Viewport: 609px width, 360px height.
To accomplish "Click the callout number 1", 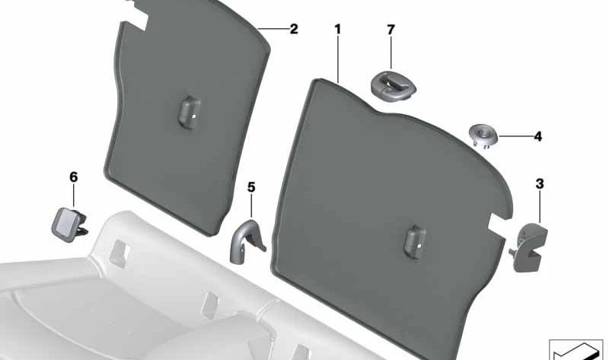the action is pos(337,29).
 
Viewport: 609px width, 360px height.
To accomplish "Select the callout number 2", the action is pos(294,29).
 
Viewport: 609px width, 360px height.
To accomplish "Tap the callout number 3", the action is pos(540,184).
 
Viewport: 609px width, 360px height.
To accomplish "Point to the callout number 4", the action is pos(538,137).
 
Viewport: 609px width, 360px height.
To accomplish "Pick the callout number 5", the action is pos(251,187).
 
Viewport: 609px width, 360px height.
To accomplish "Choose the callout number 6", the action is pos(73,177).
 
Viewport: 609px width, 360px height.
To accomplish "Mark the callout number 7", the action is pos(391,30).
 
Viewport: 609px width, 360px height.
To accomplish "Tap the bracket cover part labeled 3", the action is pos(528,247).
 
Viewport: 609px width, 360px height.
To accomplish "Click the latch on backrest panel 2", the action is pos(189,112).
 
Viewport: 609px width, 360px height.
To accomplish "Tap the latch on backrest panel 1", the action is pos(415,241).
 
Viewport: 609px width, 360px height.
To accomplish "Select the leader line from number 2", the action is pos(273,29).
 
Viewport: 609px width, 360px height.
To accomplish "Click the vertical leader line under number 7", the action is pos(391,53).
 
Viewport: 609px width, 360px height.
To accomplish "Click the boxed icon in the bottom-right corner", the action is pos(576,350).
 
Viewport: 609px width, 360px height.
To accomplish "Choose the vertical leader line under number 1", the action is pos(338,59).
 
